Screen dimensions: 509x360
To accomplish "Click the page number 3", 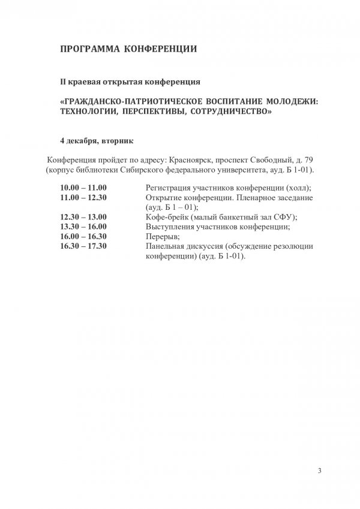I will (x=320, y=470).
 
